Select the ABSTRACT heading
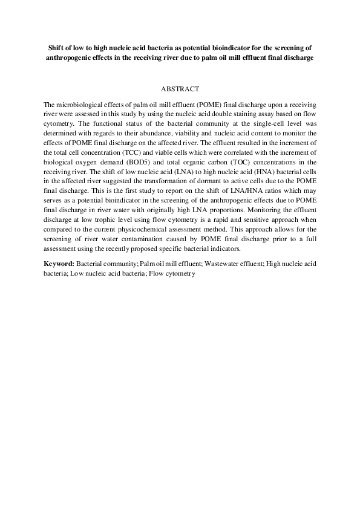(180, 89)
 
